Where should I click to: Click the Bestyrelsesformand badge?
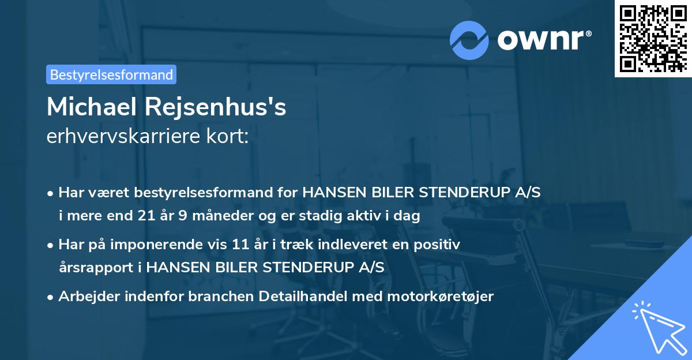[x=111, y=74]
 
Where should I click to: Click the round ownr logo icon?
[x=469, y=40]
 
